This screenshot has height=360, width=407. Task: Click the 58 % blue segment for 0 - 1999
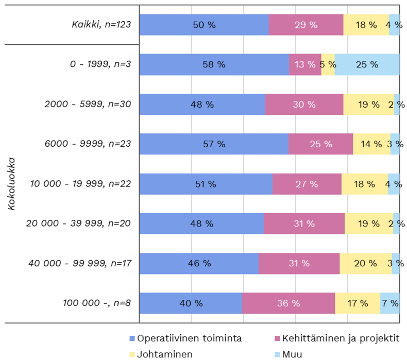point(214,64)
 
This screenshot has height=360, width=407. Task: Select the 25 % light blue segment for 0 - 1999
point(367,64)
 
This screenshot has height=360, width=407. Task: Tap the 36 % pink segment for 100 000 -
point(289,303)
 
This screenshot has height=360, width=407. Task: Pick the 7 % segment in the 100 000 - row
point(390,303)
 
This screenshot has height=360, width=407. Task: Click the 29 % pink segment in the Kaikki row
point(306,25)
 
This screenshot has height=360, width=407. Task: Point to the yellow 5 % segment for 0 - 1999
point(328,64)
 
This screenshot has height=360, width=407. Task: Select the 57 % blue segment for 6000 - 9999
point(214,144)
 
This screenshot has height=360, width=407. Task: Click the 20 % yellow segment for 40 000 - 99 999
point(365,263)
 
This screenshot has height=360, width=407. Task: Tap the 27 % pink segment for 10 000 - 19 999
point(307,184)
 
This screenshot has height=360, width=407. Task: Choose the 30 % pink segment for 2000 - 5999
point(304,105)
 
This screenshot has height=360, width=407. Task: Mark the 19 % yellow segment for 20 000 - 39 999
point(368,224)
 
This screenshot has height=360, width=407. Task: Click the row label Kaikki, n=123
point(101,25)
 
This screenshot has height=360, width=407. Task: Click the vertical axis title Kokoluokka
point(11,184)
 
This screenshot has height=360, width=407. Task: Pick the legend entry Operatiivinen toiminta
point(185,338)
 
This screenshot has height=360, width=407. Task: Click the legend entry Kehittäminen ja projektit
point(340,338)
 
